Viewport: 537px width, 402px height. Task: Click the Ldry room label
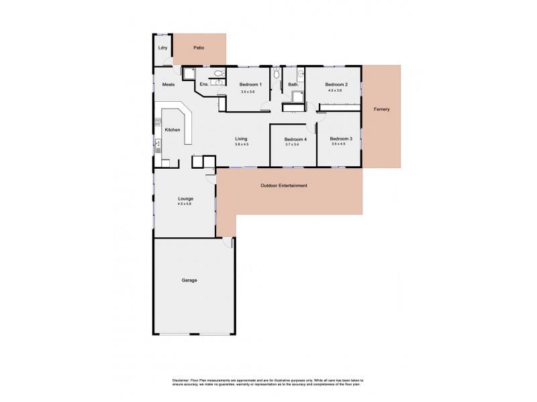pyautogui.click(x=162, y=48)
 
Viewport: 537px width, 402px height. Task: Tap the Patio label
pyautogui.click(x=199, y=48)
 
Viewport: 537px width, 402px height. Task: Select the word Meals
pyautogui.click(x=168, y=84)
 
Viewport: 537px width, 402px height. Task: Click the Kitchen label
pyautogui.click(x=173, y=129)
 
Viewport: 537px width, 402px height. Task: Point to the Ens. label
pyautogui.click(x=204, y=84)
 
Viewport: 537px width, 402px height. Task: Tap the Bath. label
pyautogui.click(x=293, y=84)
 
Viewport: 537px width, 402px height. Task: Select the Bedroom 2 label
pyautogui.click(x=334, y=84)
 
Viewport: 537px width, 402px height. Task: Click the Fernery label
pyautogui.click(x=382, y=109)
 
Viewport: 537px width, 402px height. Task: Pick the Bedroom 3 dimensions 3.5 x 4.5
pyautogui.click(x=338, y=145)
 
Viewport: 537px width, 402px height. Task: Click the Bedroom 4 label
pyautogui.click(x=295, y=139)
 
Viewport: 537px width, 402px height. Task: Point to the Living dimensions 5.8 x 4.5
pyautogui.click(x=242, y=145)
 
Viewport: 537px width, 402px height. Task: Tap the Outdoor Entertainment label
pyautogui.click(x=283, y=186)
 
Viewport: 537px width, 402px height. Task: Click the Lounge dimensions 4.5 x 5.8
pyautogui.click(x=185, y=204)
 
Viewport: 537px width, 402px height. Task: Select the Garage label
pyautogui.click(x=189, y=280)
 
